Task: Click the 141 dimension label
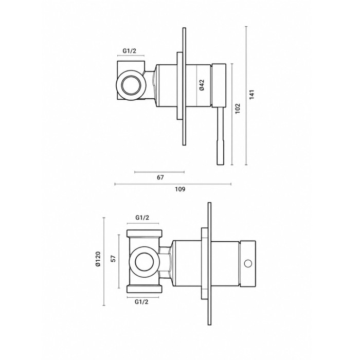[x=252, y=94]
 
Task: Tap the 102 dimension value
[x=238, y=109]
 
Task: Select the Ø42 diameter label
[x=202, y=85]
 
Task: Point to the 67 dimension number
[x=160, y=177]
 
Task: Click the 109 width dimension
[x=180, y=189]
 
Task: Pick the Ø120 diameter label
[x=98, y=259]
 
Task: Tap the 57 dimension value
[x=113, y=259]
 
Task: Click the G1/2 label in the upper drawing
[x=129, y=51]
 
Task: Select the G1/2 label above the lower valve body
[x=142, y=217]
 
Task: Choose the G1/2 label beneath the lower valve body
[x=141, y=302]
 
